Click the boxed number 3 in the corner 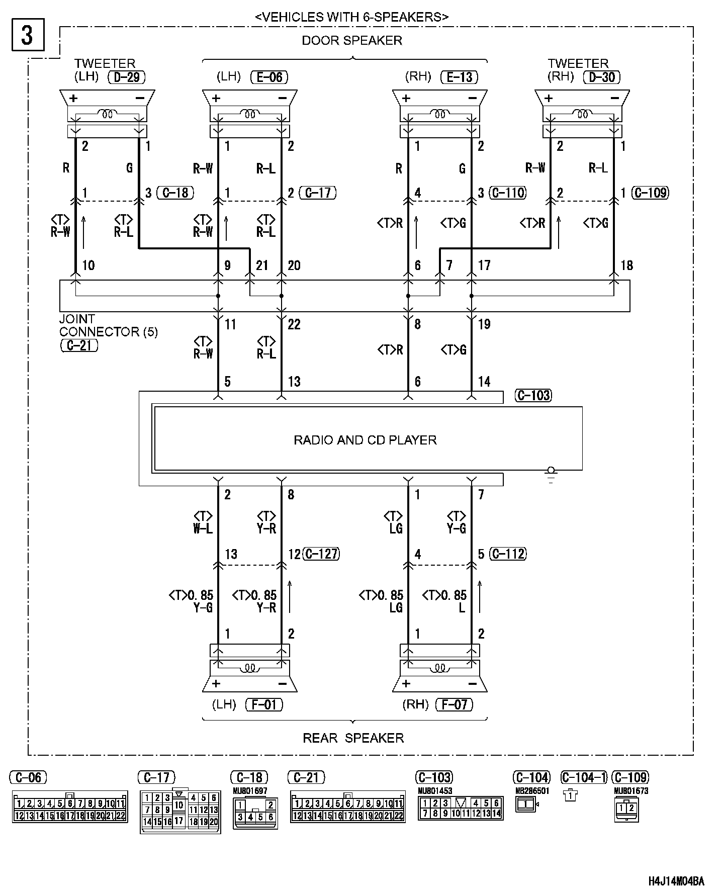[x=27, y=35]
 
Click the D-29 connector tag [x=127, y=77]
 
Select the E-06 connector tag [x=269, y=77]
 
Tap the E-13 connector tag [x=459, y=77]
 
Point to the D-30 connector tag [x=601, y=77]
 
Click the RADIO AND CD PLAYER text [x=365, y=440]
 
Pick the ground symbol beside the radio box [x=551, y=475]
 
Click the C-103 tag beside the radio [x=533, y=395]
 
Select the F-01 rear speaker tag [x=264, y=704]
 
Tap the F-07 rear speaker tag [x=455, y=704]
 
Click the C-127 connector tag [x=322, y=554]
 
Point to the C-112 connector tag [x=508, y=554]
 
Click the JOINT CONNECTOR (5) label [x=108, y=325]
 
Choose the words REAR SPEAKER [x=353, y=738]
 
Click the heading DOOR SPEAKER [x=351, y=41]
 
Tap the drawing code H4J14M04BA [x=676, y=881]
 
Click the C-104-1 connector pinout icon [x=571, y=795]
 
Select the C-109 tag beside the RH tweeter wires [x=651, y=193]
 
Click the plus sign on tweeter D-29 [x=73, y=99]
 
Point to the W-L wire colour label [x=203, y=528]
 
